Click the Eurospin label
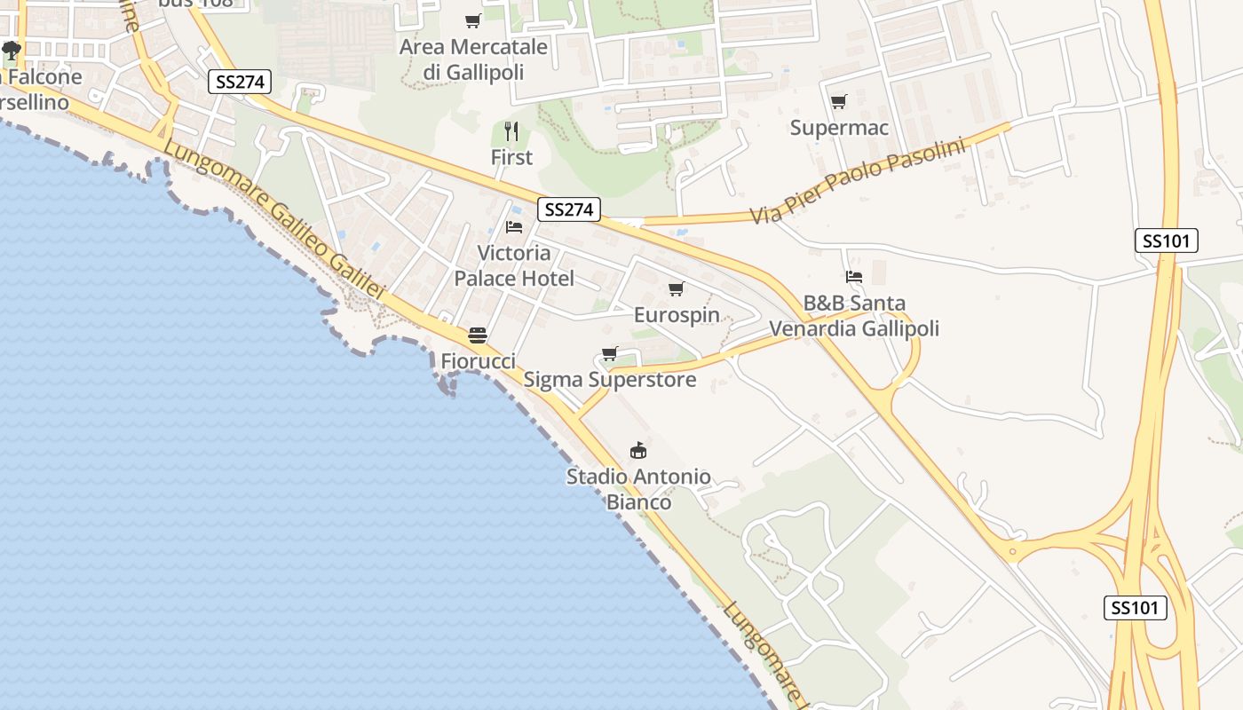click(x=677, y=315)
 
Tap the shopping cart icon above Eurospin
click(x=677, y=288)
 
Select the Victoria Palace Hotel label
click(x=514, y=265)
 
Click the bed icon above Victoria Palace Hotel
click(x=514, y=227)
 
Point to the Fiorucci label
click(x=478, y=361)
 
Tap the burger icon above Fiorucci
click(x=478, y=335)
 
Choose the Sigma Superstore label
click(x=610, y=380)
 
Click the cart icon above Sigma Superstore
click(x=610, y=354)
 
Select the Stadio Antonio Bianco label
click(x=638, y=489)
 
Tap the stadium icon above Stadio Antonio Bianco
click(x=638, y=451)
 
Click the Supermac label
click(x=839, y=128)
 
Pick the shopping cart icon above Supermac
click(x=839, y=101)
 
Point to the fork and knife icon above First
click(x=511, y=131)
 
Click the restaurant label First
click(x=511, y=157)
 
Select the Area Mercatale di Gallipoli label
click(x=473, y=59)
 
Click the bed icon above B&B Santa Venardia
click(x=854, y=277)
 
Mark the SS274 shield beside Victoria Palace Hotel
click(x=569, y=210)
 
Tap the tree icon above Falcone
click(x=12, y=51)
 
